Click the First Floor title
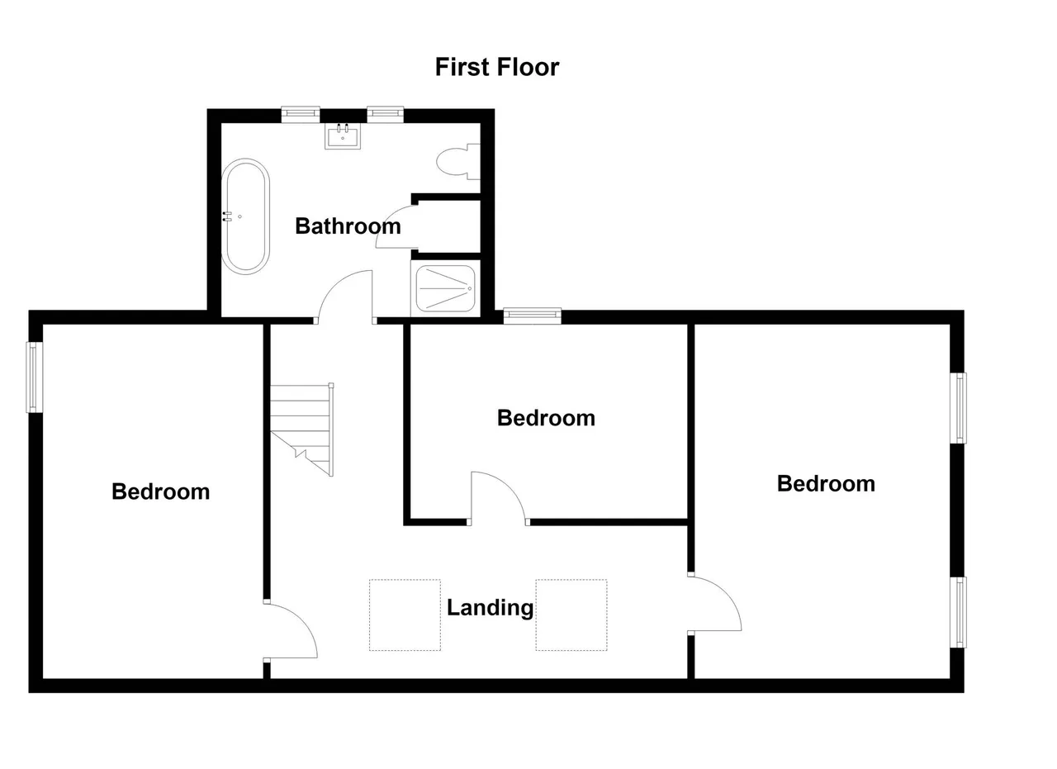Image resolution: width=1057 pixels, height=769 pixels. coord(497,67)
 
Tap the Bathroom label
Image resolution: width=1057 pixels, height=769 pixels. coord(348,226)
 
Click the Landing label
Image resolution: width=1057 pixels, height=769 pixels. coord(490,608)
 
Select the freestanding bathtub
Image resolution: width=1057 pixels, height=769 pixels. coord(245,216)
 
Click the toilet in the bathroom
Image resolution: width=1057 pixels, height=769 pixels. coord(458,162)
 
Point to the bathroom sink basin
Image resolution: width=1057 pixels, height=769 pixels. coord(343,136)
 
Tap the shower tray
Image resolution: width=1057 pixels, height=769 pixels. coord(445,288)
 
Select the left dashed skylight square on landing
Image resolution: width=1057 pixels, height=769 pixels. coord(405,615)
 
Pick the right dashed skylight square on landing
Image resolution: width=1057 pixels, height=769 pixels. coord(571,615)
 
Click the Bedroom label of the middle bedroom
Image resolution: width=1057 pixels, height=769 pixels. coord(546,418)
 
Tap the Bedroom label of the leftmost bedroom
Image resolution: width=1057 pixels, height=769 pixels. coord(160,492)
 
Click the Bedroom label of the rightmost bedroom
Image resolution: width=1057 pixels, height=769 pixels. coord(826,484)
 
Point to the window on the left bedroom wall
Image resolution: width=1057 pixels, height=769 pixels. coord(35,377)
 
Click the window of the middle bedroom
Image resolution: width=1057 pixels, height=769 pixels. coord(533,316)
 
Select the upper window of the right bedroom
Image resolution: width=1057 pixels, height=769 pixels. coord(958,408)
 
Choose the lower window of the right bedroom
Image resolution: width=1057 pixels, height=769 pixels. coord(958,612)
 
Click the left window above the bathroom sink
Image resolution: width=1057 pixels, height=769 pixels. coord(301,114)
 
